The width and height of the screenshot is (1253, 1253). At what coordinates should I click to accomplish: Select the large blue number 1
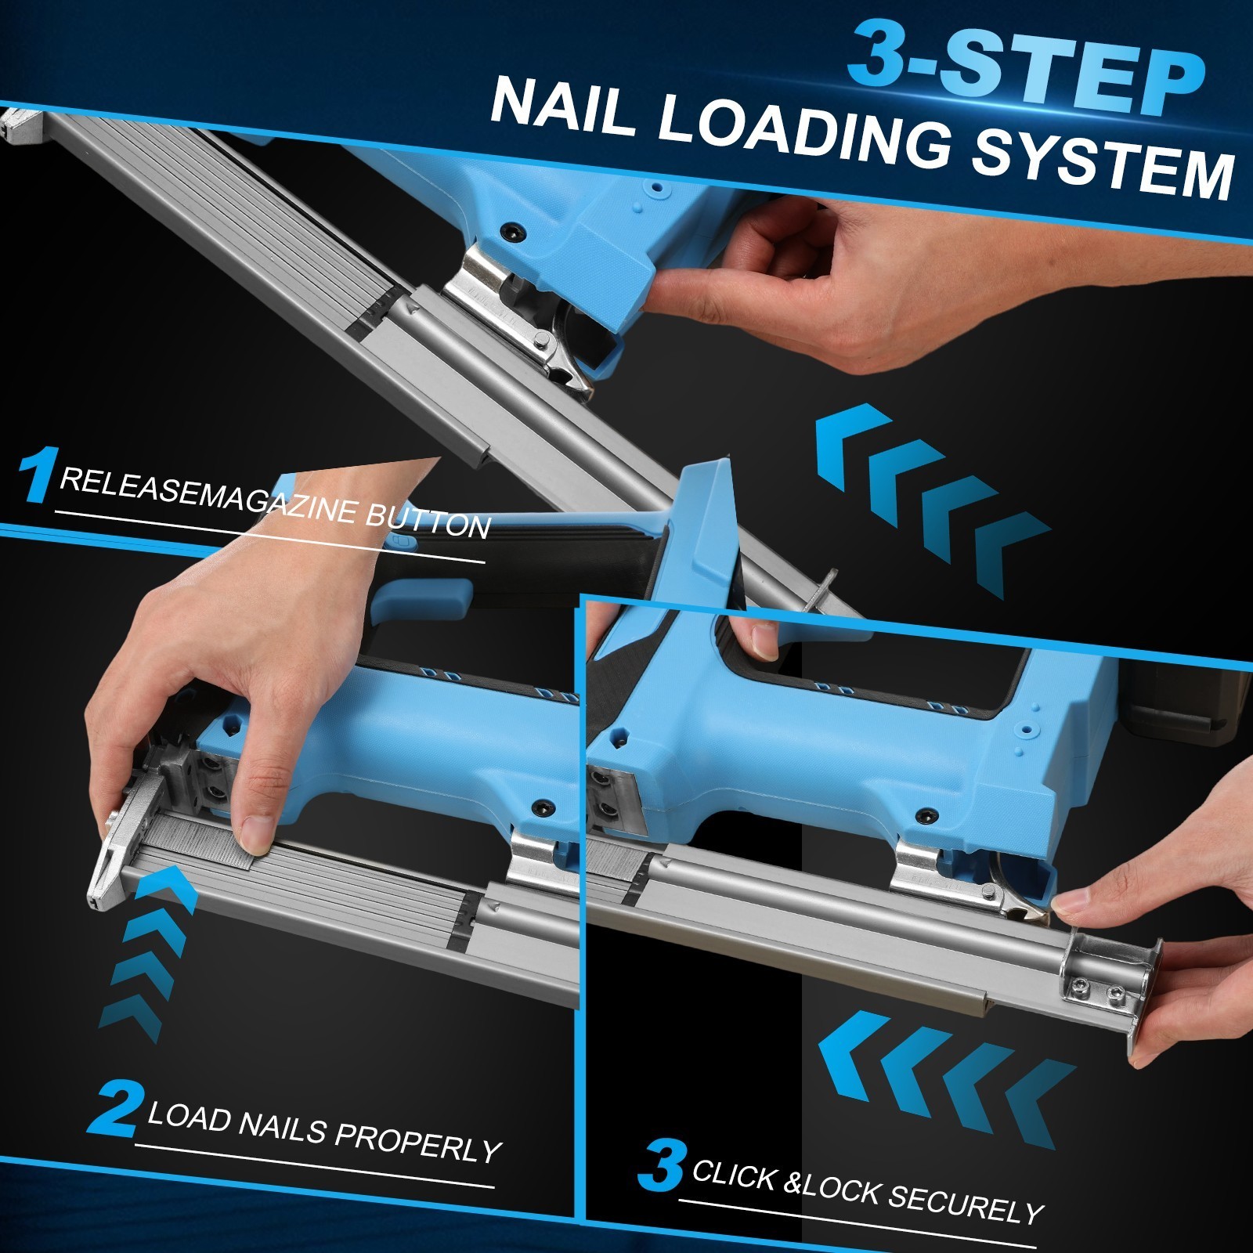click(37, 473)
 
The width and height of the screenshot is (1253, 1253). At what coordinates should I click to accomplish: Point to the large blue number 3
click(662, 1166)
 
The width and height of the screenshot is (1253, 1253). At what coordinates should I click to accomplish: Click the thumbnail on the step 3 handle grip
click(764, 638)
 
